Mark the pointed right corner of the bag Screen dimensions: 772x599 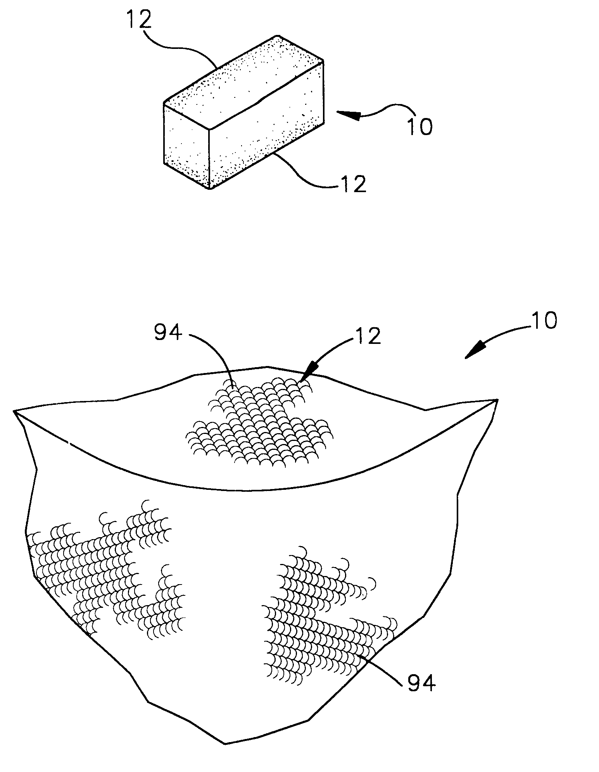[497, 400]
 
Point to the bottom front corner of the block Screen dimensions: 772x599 [210, 189]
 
